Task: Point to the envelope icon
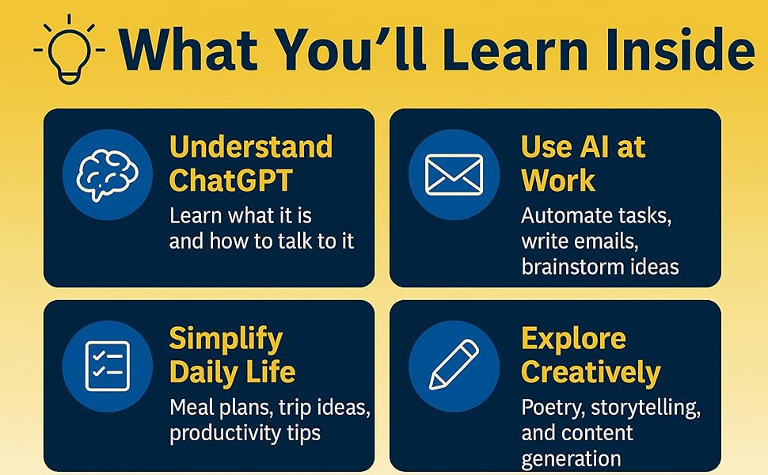454,174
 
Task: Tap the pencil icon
454,365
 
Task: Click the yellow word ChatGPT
230,180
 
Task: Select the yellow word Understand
250,147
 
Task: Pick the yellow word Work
557,180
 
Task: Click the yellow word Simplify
226,339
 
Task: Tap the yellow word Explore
573,339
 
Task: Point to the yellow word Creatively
591,372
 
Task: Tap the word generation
571,458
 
